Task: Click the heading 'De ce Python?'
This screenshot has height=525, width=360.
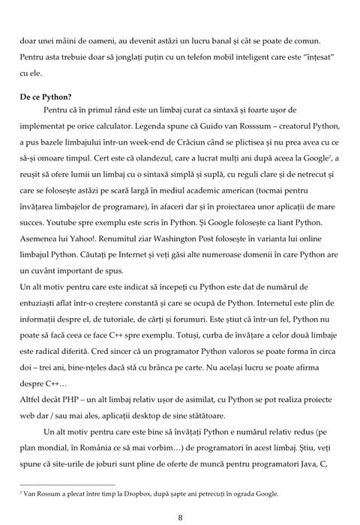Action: pos(44,97)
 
